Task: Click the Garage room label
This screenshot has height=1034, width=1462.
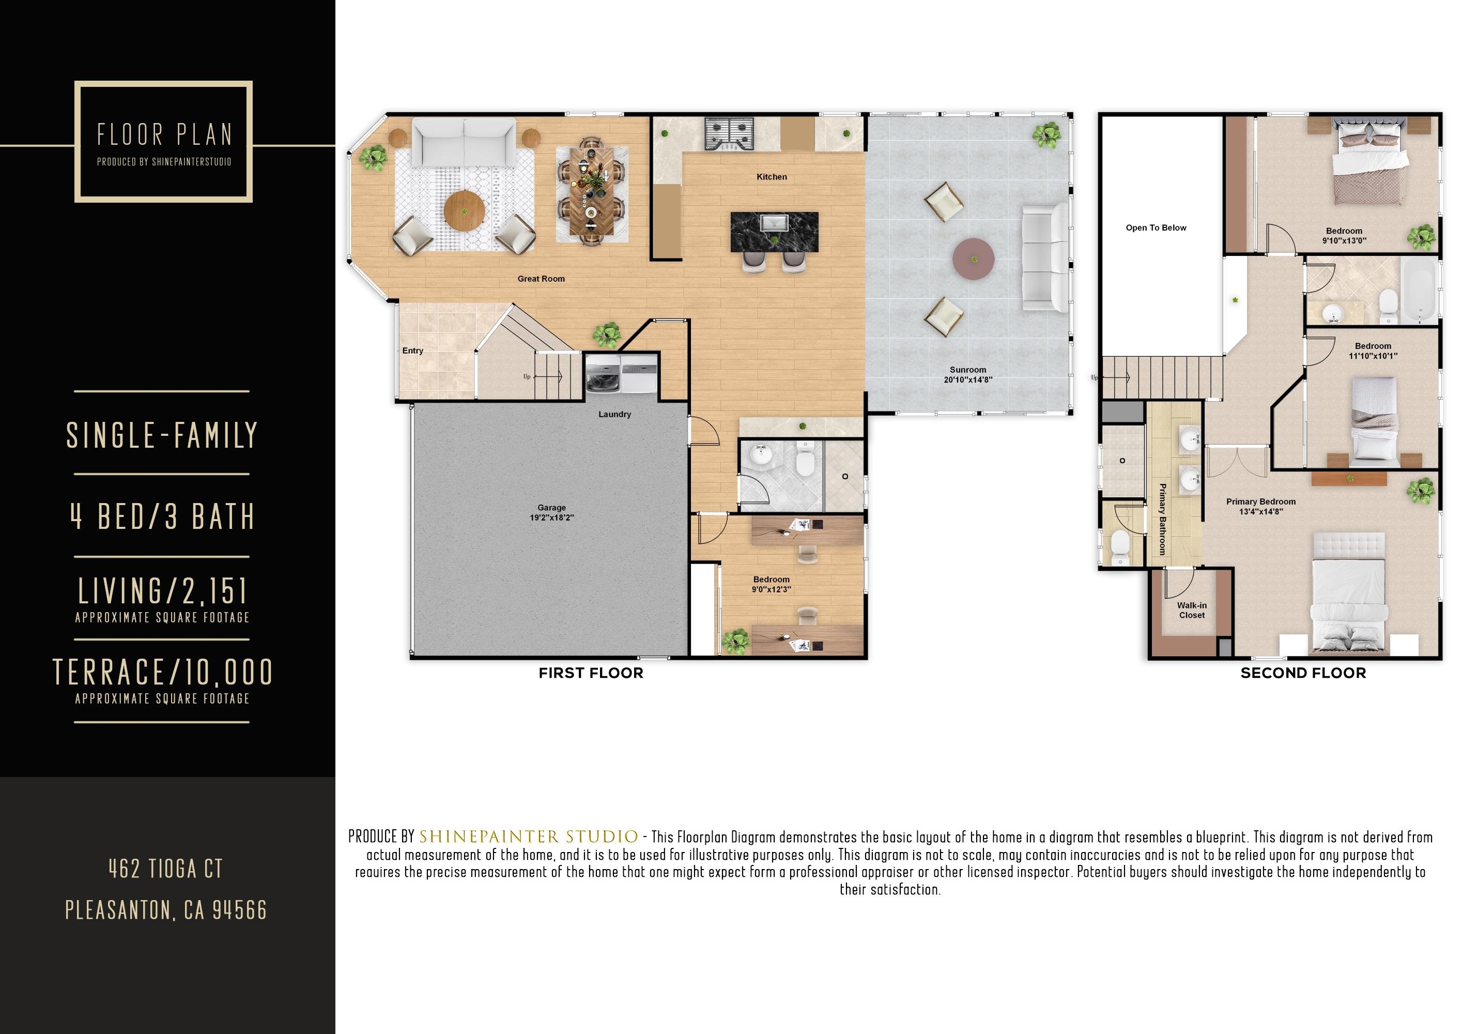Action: click(551, 508)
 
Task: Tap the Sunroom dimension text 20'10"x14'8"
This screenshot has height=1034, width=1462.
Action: click(968, 379)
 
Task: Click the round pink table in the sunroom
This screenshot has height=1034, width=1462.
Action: click(973, 260)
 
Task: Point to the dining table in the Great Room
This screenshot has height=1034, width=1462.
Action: click(592, 194)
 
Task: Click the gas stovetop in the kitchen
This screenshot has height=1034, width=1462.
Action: click(729, 134)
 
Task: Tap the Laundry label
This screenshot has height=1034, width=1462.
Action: click(614, 414)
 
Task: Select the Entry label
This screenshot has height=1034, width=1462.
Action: click(412, 351)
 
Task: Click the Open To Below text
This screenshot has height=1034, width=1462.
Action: click(1156, 227)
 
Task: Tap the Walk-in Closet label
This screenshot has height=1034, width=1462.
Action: click(1191, 611)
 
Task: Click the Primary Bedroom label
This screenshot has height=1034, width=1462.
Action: click(1261, 501)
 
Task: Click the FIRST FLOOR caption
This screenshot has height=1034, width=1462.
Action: click(591, 674)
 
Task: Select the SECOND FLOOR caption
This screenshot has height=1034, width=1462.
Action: click(1303, 674)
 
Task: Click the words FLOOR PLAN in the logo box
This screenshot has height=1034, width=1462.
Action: click(164, 134)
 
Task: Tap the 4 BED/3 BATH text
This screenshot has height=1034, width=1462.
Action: click(162, 516)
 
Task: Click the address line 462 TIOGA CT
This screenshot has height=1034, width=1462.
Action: click(165, 869)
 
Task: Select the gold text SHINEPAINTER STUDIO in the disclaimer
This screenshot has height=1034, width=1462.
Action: click(529, 837)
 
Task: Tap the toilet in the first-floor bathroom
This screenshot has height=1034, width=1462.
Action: click(806, 463)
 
